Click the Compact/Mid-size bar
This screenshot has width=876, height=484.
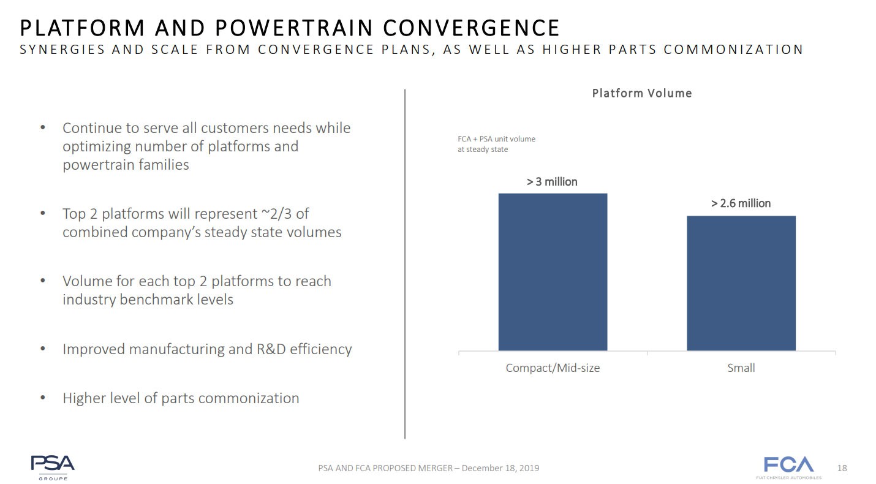(x=553, y=272)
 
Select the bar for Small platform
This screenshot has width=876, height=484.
(x=741, y=283)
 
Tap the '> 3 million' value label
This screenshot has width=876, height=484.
(x=552, y=182)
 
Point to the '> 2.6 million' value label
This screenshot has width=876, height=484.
(x=741, y=203)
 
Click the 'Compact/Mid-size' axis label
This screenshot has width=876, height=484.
(x=553, y=368)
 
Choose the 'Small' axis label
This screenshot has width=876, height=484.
(x=741, y=368)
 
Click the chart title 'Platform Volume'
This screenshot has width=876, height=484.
(x=641, y=94)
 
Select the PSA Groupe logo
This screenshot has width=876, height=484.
(x=53, y=467)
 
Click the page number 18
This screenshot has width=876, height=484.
(x=842, y=469)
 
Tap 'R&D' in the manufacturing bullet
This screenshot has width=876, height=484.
(x=271, y=349)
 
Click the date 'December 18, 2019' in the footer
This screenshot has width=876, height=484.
(x=500, y=469)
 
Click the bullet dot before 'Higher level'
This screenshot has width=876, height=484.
(x=42, y=398)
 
